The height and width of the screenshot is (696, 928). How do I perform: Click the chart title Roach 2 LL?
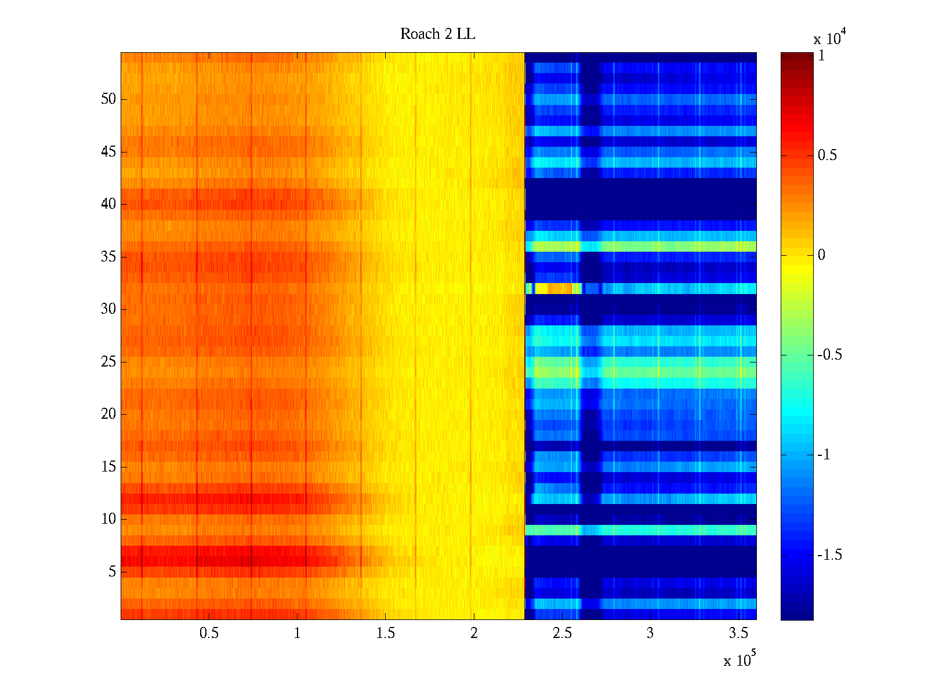[x=437, y=34]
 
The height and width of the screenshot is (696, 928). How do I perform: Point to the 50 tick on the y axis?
[x=108, y=99]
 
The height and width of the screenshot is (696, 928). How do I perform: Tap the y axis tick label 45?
[x=108, y=152]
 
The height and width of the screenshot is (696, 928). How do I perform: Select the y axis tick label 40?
[x=108, y=204]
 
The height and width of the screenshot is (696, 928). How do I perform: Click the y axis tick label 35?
[x=108, y=256]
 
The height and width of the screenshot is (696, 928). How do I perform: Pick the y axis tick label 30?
[x=108, y=309]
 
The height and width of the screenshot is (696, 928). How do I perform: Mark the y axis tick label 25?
[x=108, y=362]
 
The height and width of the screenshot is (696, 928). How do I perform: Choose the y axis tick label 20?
[x=108, y=414]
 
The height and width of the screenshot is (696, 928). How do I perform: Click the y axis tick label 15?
[x=108, y=467]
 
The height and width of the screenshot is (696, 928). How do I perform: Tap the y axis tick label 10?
[x=108, y=519]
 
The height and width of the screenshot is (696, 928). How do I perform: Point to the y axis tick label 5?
[x=112, y=572]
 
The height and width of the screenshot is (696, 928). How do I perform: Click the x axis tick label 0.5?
[x=209, y=633]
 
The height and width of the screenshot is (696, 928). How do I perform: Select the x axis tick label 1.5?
[x=385, y=633]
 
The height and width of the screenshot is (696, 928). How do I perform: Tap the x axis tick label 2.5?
[x=562, y=633]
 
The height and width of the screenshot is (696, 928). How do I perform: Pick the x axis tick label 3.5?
[x=738, y=633]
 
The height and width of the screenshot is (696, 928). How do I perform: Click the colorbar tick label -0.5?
[x=829, y=355]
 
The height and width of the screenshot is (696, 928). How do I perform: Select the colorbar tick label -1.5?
[x=829, y=555]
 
